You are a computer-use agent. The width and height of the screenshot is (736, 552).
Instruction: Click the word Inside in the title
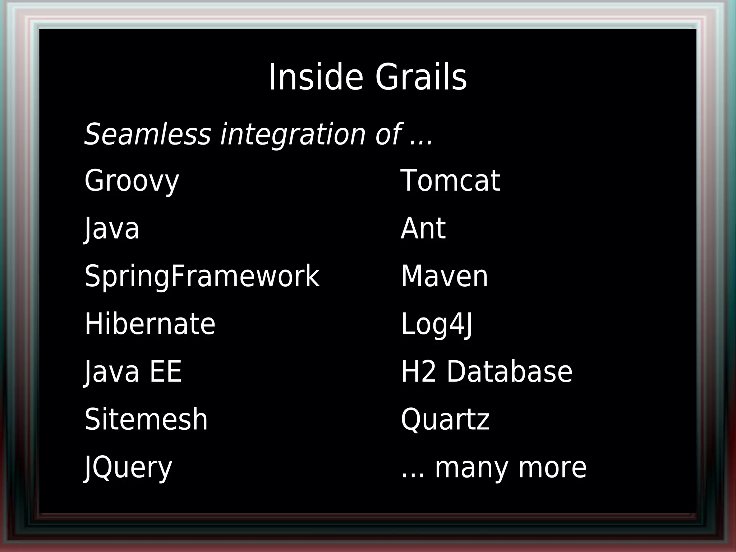click(316, 77)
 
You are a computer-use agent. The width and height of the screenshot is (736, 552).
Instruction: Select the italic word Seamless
click(147, 134)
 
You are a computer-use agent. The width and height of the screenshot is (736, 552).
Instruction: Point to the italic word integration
click(293, 134)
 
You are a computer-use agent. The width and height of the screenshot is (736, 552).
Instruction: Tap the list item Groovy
click(132, 181)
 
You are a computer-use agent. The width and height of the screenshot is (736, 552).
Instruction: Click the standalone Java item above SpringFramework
click(112, 228)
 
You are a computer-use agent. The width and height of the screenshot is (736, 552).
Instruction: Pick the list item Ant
click(423, 228)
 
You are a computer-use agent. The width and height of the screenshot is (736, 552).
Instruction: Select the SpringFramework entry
click(202, 276)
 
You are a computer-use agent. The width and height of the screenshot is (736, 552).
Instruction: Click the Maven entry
click(444, 276)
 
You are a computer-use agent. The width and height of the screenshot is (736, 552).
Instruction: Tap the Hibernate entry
click(150, 324)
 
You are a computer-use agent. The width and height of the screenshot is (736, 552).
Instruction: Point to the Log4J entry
click(437, 324)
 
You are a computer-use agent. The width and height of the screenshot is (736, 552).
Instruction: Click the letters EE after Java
click(166, 372)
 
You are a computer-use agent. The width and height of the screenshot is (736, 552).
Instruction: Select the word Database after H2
click(509, 372)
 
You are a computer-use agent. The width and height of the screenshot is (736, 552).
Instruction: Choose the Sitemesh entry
click(146, 419)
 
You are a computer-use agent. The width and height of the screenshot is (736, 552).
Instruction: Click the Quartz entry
click(445, 419)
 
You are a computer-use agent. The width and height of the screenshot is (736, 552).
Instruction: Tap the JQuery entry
click(128, 467)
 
